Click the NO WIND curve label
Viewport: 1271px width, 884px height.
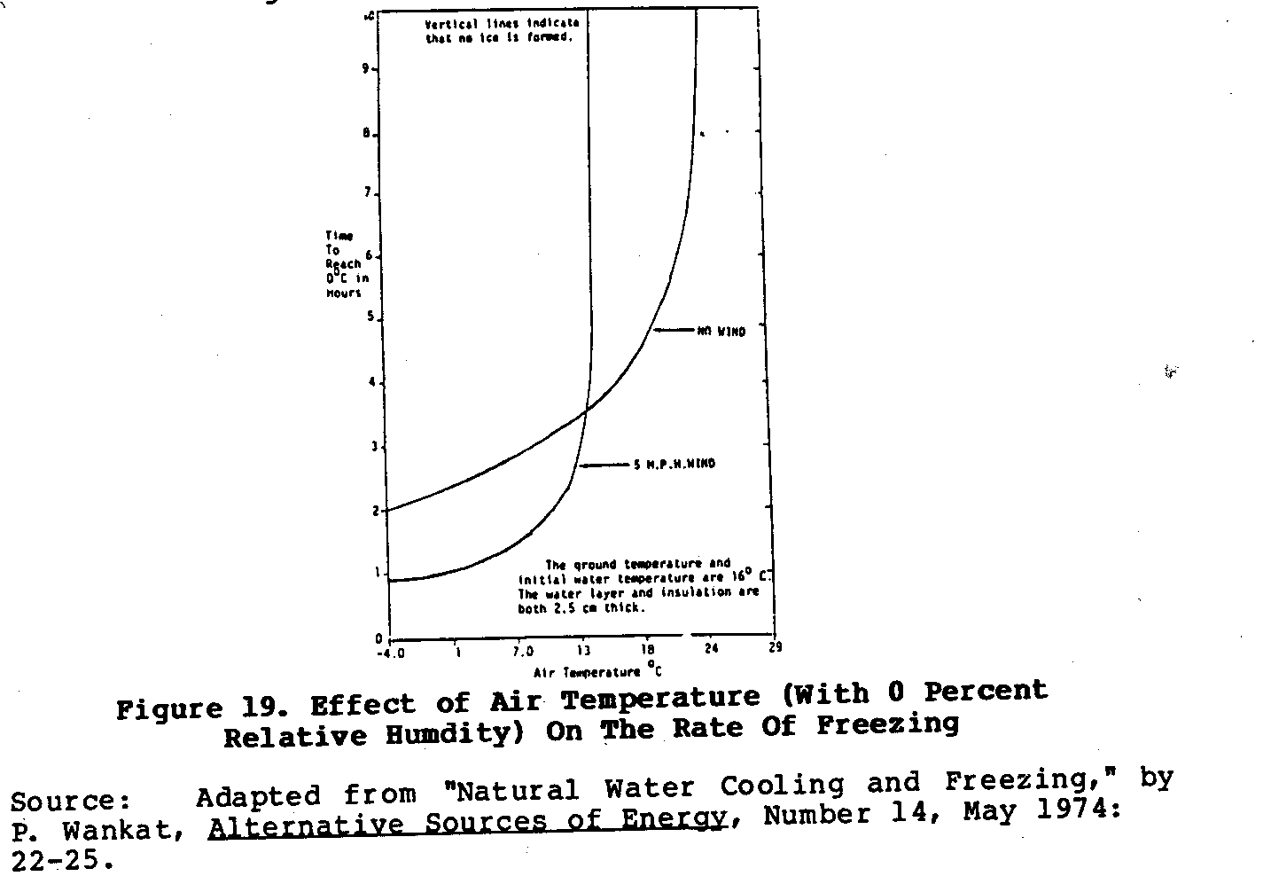pyautogui.click(x=721, y=332)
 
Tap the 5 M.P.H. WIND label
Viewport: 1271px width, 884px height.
pyautogui.click(x=674, y=464)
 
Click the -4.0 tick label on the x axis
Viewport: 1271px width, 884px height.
pyautogui.click(x=389, y=653)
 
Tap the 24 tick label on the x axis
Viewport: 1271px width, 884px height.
pyautogui.click(x=711, y=648)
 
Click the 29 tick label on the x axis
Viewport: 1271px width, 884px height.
pyautogui.click(x=775, y=647)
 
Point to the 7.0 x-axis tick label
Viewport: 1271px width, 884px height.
pyautogui.click(x=520, y=652)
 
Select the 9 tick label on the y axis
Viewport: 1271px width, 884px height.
pyautogui.click(x=364, y=69)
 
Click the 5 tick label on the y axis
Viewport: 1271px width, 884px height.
pyautogui.click(x=369, y=319)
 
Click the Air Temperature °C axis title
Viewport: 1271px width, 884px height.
pyautogui.click(x=597, y=671)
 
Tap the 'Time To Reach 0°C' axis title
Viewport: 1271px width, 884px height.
pyautogui.click(x=342, y=264)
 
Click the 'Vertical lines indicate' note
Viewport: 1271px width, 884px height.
pyautogui.click(x=502, y=30)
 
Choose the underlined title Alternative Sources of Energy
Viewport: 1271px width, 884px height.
pyautogui.click(x=467, y=821)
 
